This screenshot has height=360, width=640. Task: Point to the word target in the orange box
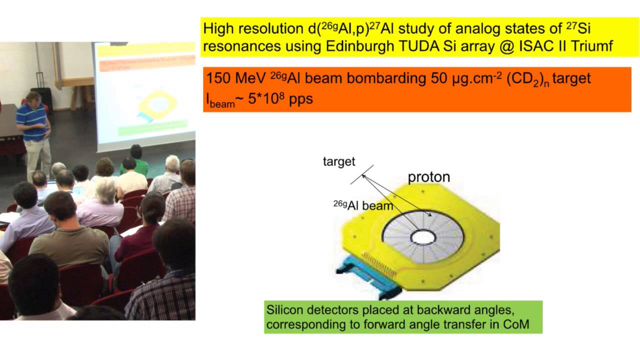point(570,79)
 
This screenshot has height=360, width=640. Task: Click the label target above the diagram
point(338,161)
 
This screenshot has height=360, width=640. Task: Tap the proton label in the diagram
point(429,176)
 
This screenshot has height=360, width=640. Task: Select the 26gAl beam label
point(363,205)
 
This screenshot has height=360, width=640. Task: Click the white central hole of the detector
point(423,237)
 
